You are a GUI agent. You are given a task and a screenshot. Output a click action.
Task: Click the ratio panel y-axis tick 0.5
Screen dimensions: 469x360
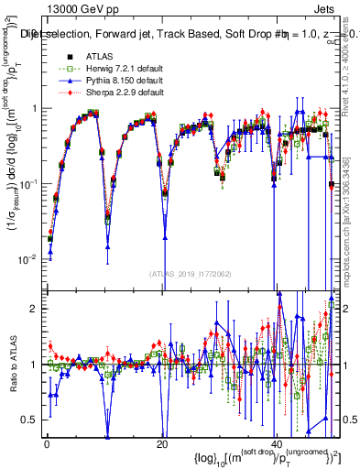(x=33, y=420)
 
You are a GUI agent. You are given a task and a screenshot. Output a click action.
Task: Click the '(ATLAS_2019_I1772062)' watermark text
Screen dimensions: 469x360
(x=190, y=273)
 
